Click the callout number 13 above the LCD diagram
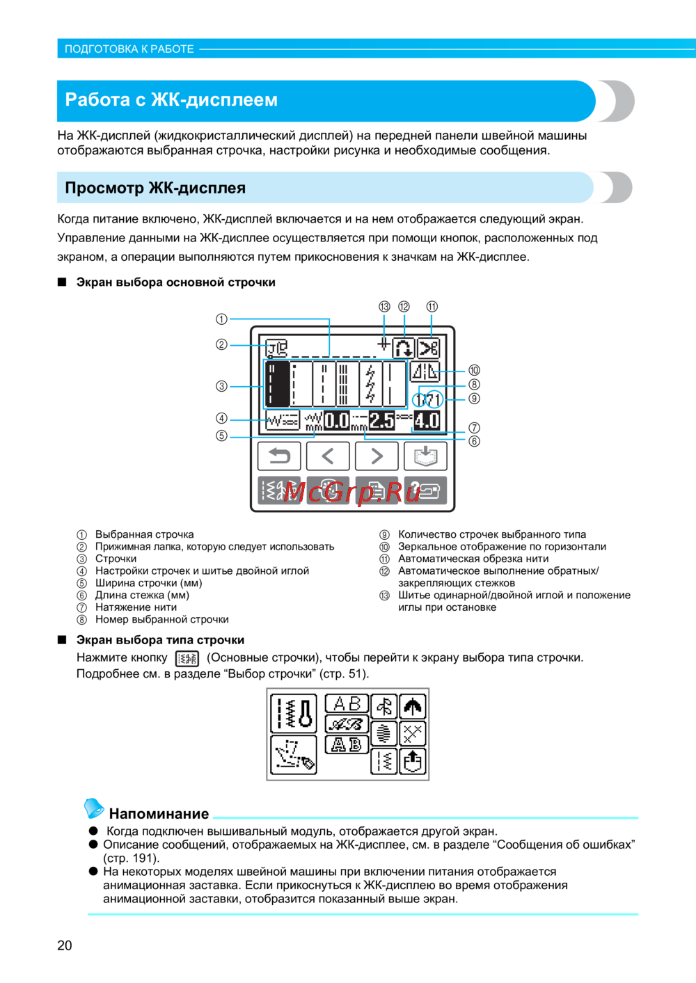point(384,307)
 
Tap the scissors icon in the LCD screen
point(429,347)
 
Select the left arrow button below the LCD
point(328,456)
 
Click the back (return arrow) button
point(279,456)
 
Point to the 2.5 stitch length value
point(381,420)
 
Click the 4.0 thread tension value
point(427,420)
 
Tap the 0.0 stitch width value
point(337,420)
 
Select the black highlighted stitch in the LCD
point(277,384)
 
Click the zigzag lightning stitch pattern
point(370,384)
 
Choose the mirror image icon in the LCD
point(425,372)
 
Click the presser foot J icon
point(277,347)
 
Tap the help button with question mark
point(425,490)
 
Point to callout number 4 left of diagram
point(221,418)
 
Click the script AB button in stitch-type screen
point(347,724)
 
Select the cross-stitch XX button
point(413,733)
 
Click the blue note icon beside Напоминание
point(94,808)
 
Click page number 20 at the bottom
point(65,945)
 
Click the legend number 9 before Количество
point(384,535)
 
